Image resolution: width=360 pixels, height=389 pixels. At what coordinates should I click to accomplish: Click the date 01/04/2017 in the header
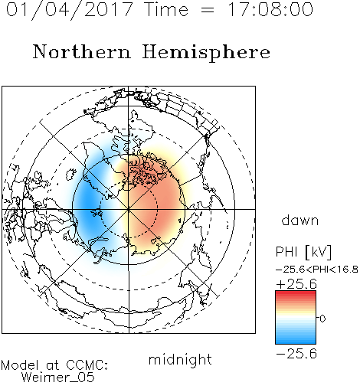pos(70,10)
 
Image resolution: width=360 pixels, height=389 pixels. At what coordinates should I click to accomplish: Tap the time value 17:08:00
pos(270,9)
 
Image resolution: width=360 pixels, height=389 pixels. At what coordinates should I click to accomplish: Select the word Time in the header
pos(166,9)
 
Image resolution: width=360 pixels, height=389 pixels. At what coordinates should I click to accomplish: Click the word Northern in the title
pos(82,51)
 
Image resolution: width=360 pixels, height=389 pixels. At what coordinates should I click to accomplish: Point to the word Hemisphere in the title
pos(206,52)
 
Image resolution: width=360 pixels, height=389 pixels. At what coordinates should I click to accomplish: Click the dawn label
pos(299,220)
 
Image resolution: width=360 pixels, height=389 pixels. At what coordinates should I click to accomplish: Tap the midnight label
pos(180,360)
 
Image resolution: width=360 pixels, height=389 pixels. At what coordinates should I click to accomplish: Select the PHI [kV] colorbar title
pos(303,252)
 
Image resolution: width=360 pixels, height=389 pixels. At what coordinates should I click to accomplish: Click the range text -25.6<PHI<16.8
pos(317,270)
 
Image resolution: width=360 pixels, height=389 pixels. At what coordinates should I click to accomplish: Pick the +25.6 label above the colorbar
pos(296,284)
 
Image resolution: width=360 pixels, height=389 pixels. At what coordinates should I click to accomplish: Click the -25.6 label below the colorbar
pos(296,354)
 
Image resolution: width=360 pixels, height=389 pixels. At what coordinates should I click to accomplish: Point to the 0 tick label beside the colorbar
pos(322,319)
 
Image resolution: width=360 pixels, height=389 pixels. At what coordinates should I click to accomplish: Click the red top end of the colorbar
pos(296,293)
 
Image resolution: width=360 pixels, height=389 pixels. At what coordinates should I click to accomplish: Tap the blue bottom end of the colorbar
pos(296,342)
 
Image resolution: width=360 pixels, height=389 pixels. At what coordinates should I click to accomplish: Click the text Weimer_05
pos(58,378)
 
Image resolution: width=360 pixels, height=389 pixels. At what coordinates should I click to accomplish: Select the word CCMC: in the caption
pos(87,365)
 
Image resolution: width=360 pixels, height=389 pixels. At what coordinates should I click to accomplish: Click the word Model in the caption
pos(20,365)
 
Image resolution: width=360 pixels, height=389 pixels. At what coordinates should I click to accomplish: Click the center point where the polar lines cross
pos(129,209)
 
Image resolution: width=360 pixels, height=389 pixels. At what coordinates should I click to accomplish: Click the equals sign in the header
pos(208,10)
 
